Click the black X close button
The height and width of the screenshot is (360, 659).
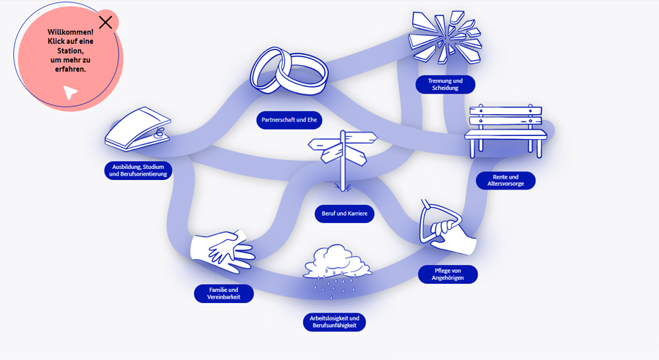105,22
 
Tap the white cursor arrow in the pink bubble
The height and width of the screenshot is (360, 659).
70,92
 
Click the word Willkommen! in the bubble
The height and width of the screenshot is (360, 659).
70,32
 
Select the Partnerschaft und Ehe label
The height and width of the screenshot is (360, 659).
289,120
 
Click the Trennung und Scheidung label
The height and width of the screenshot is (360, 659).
445,84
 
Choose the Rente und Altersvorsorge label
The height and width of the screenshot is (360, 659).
505,181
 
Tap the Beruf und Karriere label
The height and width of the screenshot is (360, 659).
344,214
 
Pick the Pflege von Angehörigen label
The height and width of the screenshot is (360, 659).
447,274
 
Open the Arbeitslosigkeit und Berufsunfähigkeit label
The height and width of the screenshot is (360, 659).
334,322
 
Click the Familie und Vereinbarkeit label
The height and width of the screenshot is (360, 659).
223,293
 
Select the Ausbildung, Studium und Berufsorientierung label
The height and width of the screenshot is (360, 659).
138,170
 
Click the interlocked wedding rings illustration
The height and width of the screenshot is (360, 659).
288,71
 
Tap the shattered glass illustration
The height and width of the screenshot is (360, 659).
445,37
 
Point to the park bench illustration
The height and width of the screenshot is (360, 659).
505,131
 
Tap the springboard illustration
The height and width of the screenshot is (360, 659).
138,129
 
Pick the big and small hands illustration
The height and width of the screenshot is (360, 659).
223,251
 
